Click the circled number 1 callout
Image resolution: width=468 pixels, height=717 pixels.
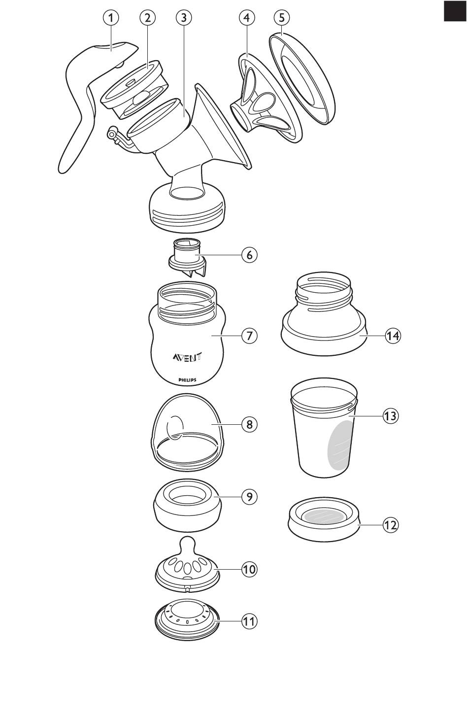[x=111, y=18]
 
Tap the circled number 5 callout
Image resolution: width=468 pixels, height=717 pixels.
[x=281, y=18]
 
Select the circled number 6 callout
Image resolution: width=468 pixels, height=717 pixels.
[x=250, y=255]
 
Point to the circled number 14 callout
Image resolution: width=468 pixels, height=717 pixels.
[x=393, y=336]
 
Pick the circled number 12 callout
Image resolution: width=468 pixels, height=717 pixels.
[x=391, y=525]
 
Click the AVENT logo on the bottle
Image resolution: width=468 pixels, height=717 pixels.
[x=187, y=357]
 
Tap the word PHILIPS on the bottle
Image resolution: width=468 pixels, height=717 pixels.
[x=187, y=380]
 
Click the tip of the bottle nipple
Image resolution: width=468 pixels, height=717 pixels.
[x=187, y=543]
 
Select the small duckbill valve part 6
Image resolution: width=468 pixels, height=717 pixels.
[x=187, y=257]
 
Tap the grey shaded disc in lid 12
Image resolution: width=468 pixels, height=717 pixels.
[x=323, y=516]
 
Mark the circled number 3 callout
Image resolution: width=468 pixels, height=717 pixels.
[x=183, y=18]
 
